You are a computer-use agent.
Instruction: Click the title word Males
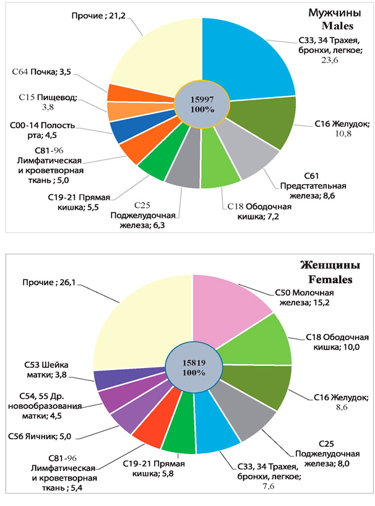tap(337, 27)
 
